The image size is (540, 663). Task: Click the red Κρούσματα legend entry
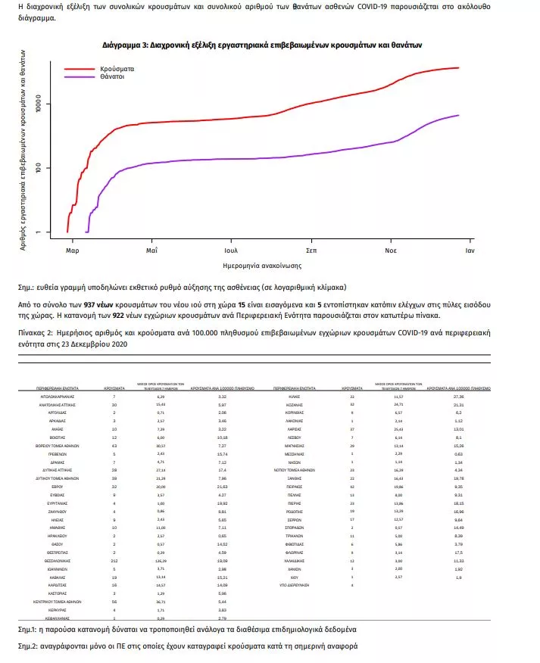114,68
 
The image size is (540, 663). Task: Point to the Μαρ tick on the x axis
72,249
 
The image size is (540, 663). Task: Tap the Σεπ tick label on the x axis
311,249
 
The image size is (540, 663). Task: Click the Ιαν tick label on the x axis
470,249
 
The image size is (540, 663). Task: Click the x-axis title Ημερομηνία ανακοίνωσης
263,266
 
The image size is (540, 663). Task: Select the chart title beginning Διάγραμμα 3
262,46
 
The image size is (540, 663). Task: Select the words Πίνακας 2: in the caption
36,331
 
